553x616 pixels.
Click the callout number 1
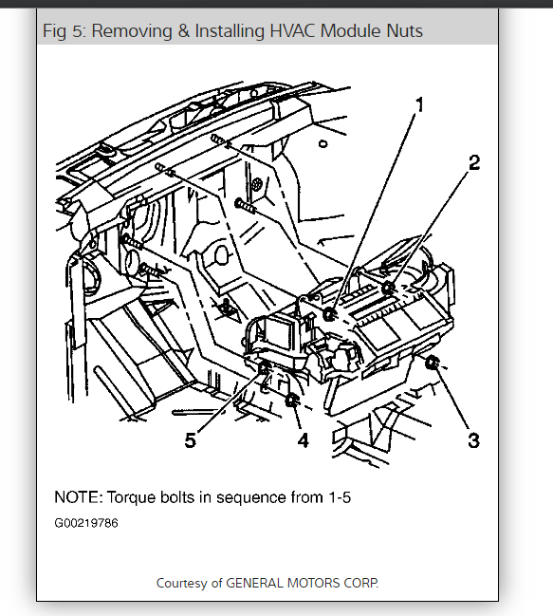click(419, 105)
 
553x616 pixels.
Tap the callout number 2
click(474, 162)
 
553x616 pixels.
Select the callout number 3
click(473, 440)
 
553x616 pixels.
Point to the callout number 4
click(303, 440)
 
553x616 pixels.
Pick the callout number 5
click(191, 440)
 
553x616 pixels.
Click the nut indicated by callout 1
click(329, 314)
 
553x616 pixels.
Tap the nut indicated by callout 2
click(388, 289)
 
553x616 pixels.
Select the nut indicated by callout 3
click(432, 363)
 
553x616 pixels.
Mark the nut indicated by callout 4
click(291, 401)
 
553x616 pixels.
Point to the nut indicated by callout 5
click(264, 368)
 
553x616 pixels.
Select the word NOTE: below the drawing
click(79, 497)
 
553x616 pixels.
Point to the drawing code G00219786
click(86, 523)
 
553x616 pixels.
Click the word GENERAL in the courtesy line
click(255, 583)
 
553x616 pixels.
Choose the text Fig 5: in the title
click(64, 31)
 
